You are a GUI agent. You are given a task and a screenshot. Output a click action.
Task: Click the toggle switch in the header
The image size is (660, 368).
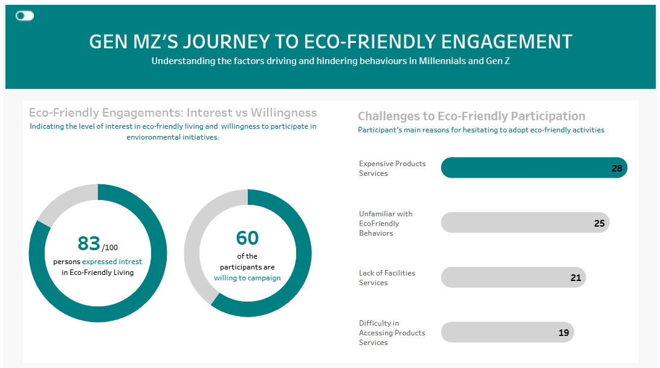point(24,16)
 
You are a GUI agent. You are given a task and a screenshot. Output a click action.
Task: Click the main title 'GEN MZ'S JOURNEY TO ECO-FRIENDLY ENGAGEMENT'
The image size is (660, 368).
point(331,42)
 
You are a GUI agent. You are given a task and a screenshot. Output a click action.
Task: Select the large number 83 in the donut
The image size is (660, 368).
point(89,244)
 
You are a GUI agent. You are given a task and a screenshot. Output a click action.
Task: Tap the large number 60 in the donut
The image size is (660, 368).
point(247,238)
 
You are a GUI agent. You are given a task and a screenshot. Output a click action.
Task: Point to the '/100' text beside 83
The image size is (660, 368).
point(110,248)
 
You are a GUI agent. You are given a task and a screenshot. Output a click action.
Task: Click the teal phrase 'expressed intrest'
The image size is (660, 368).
point(112,262)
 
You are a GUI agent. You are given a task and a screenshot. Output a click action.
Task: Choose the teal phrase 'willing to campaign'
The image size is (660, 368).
point(247,278)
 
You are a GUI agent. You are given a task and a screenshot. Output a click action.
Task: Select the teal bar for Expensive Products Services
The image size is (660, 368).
point(534,168)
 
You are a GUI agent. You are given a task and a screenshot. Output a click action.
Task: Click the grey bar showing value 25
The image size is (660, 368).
point(525,223)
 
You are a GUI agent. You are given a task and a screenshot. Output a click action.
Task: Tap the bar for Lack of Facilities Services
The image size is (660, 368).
point(514,277)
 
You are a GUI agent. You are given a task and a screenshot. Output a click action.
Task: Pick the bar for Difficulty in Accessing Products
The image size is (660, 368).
point(508,332)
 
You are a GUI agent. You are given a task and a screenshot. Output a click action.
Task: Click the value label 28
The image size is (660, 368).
point(616,169)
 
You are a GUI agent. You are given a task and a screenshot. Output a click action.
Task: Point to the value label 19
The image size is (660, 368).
point(564,332)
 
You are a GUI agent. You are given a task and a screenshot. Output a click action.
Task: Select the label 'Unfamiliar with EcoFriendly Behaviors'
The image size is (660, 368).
point(386,224)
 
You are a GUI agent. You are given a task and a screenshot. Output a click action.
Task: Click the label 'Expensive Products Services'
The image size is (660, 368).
point(392,169)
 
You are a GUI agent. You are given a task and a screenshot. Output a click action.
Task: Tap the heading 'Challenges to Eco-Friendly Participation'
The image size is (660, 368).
point(471,116)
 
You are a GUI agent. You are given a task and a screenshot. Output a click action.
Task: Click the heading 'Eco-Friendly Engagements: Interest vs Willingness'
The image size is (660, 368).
point(173,112)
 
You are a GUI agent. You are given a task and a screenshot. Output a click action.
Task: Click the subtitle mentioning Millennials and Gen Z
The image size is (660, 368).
point(331,61)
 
